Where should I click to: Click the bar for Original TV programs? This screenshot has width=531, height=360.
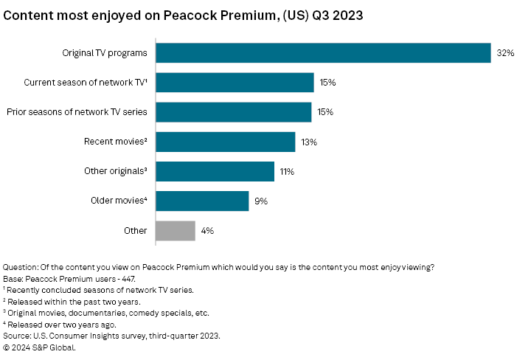tap(323, 52)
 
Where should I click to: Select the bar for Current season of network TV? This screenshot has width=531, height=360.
tap(235, 82)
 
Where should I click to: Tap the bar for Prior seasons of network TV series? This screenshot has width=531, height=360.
tap(233, 112)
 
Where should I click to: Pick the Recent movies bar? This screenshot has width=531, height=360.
tap(225, 142)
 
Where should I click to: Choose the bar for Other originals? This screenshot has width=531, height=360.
tap(215, 171)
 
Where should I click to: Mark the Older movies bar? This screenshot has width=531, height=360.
tap(202, 201)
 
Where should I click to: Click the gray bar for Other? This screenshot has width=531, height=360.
tap(176, 230)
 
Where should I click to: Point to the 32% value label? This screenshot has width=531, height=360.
tap(505, 52)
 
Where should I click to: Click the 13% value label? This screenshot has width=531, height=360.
tap(309, 142)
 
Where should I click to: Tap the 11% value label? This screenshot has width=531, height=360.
tap(287, 171)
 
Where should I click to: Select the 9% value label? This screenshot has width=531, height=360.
tap(261, 201)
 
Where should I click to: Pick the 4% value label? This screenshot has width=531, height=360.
tap(208, 230)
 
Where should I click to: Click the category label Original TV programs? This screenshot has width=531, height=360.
tap(105, 52)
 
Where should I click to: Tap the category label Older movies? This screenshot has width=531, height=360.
tap(119, 201)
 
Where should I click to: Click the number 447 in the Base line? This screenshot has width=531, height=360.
tap(126, 280)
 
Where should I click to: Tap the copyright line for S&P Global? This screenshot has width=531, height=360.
tap(40, 347)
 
